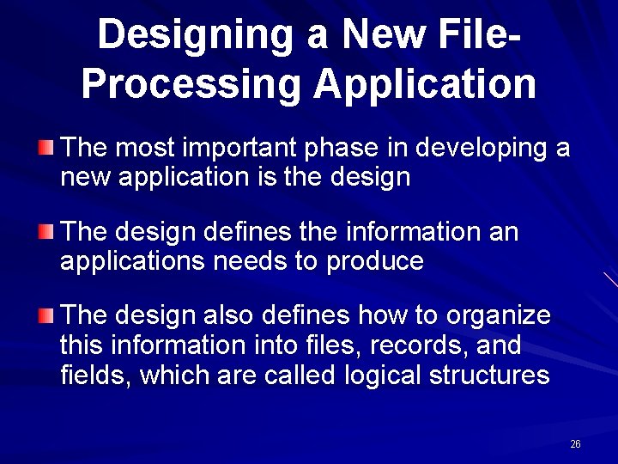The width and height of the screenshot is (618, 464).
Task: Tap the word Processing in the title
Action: coord(191,83)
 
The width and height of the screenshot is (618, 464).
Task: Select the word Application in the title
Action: coord(425,83)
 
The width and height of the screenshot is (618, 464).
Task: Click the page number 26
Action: coord(575,444)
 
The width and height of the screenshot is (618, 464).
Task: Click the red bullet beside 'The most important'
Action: coord(45,148)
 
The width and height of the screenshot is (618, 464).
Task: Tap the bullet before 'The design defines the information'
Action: coord(45,232)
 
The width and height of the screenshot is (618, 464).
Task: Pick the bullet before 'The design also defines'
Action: coord(45,315)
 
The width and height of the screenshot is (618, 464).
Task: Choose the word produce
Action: coord(375,261)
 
